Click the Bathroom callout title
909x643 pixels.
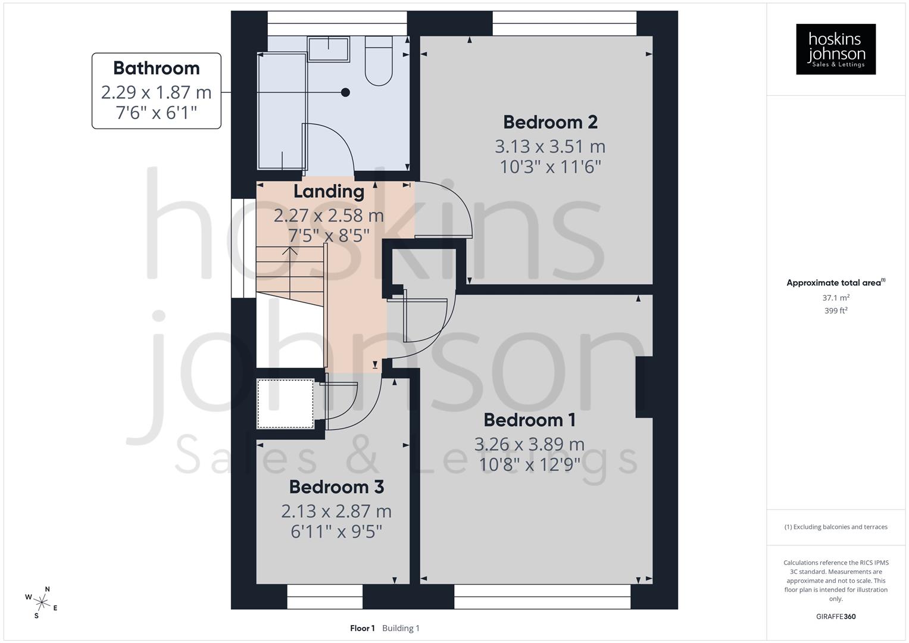click(156, 68)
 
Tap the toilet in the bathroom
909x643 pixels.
click(378, 60)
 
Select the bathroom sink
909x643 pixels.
click(328, 49)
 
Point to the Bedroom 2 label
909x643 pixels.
click(550, 122)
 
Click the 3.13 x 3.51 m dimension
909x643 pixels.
click(550, 146)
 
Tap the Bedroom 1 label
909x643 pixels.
click(529, 420)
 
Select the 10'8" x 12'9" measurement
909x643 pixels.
click(529, 464)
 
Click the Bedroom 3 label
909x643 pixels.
click(336, 487)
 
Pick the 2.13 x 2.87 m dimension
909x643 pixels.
click(336, 511)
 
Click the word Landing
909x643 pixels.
click(329, 192)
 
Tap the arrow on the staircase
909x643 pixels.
click(290, 251)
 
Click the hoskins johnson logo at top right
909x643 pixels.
click(836, 49)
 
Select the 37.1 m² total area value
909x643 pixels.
click(836, 298)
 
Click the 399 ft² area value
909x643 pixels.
click(836, 311)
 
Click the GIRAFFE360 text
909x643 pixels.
click(836, 617)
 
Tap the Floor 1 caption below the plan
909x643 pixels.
click(363, 628)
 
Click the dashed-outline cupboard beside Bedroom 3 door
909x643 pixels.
click(285, 404)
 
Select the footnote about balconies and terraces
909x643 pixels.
click(836, 527)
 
